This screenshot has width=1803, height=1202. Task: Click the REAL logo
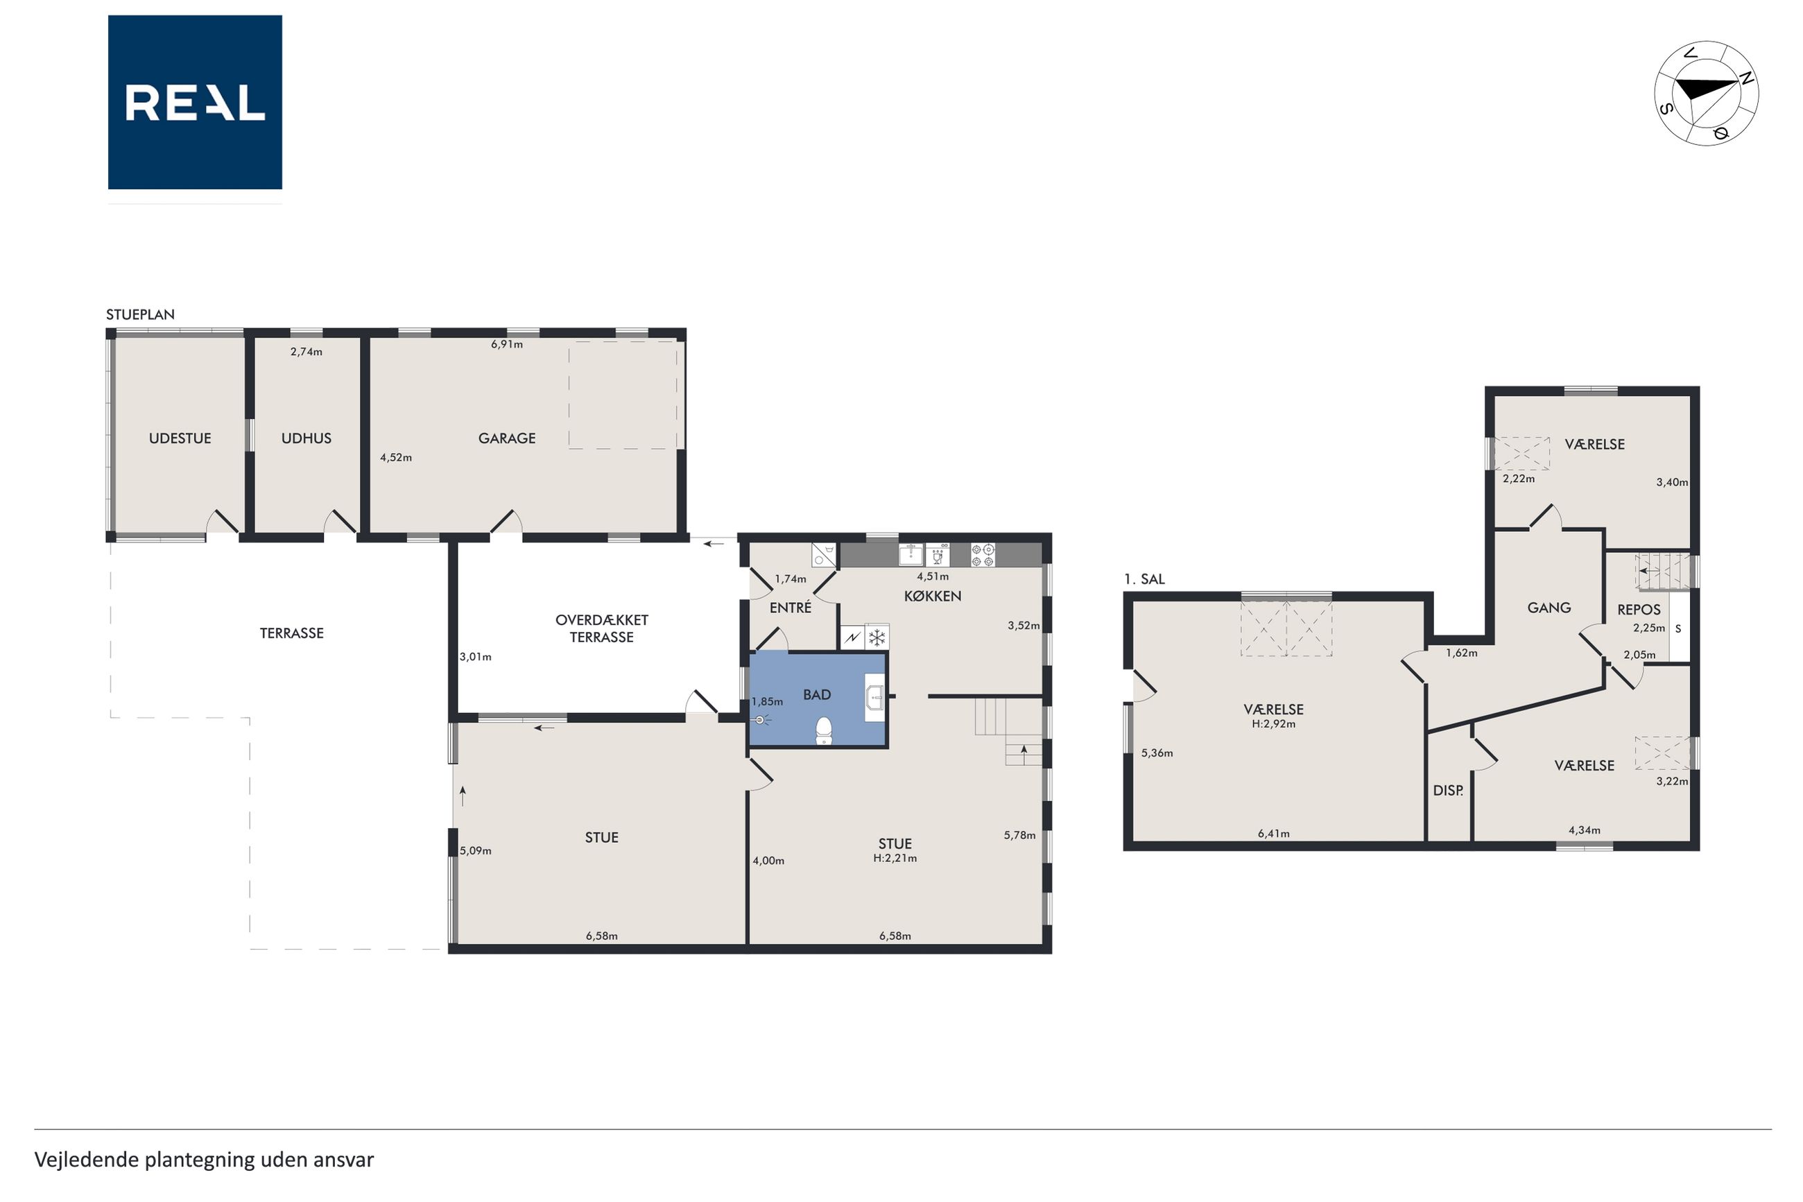click(x=195, y=102)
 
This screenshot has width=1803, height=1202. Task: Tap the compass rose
click(x=1706, y=93)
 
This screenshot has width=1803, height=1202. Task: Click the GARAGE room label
click(x=506, y=438)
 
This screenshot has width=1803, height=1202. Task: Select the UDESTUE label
click(x=180, y=438)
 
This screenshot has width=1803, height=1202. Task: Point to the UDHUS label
click(x=307, y=438)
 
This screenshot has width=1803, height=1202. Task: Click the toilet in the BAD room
click(x=824, y=730)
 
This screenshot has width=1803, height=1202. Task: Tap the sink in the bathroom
click(x=874, y=698)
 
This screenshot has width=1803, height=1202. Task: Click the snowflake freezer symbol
click(x=877, y=637)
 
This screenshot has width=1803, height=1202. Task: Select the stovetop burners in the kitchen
click(x=983, y=555)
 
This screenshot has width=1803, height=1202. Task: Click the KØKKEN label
click(x=933, y=596)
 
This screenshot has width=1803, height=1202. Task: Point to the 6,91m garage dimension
click(x=506, y=344)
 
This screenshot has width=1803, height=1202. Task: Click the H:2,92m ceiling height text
click(x=1273, y=723)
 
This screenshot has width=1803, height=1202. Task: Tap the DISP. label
click(x=1447, y=790)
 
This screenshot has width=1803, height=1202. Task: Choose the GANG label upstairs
click(x=1548, y=608)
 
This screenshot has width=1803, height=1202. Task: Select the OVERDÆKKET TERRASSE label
click(x=601, y=628)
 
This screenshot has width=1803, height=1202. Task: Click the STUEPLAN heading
click(x=140, y=314)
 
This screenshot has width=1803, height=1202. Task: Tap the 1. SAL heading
click(x=1144, y=580)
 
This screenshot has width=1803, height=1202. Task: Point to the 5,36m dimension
click(x=1157, y=753)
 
